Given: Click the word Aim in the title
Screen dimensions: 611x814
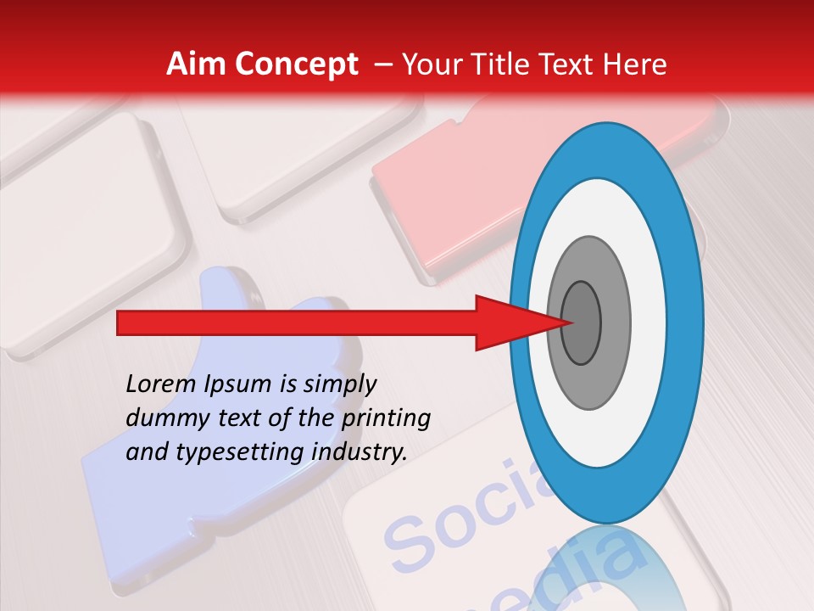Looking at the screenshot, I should (x=197, y=64).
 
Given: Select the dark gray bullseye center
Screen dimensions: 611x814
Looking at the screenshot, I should (x=582, y=323).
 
